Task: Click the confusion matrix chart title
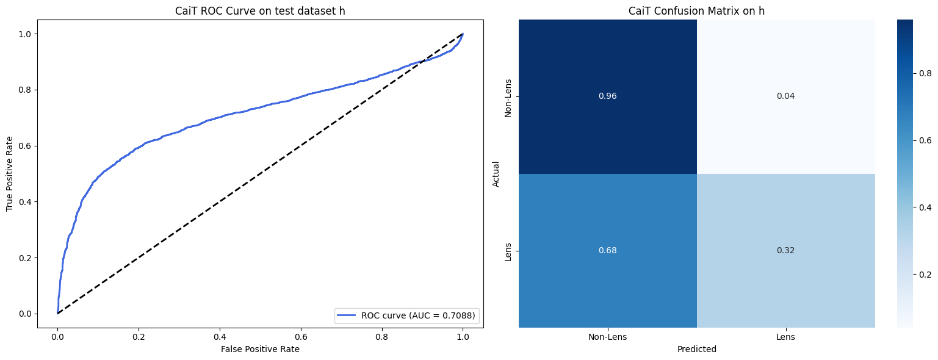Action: (697, 11)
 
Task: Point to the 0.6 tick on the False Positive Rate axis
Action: (382, 337)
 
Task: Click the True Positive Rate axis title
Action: (10, 173)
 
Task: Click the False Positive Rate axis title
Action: (260, 349)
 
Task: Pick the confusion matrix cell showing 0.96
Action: (608, 96)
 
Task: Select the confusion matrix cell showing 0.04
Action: (786, 96)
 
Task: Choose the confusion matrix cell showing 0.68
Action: (608, 251)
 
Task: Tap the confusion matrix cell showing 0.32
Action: (786, 251)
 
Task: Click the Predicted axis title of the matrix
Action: (697, 350)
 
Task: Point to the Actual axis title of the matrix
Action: (496, 173)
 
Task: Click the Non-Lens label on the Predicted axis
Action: (608, 337)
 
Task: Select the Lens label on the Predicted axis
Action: (786, 337)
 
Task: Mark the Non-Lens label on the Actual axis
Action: (508, 96)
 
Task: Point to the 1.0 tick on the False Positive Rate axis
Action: (463, 337)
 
